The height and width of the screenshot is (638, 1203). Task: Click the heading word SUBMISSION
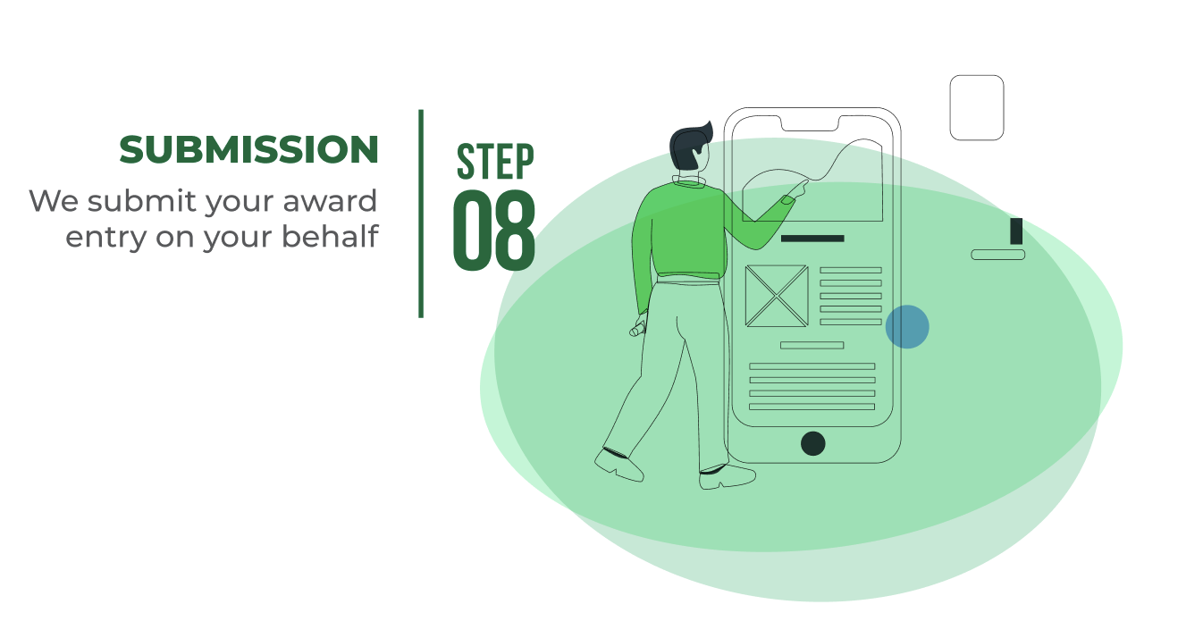tap(248, 149)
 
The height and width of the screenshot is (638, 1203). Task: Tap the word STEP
tap(495, 161)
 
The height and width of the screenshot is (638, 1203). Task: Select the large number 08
tap(494, 230)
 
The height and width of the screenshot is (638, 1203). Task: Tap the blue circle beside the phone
tap(907, 327)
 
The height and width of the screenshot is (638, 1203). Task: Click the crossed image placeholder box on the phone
tap(776, 296)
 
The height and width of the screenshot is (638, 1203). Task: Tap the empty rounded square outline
tap(976, 107)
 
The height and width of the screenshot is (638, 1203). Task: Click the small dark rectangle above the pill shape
tap(1015, 231)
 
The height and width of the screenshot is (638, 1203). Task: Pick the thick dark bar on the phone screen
tap(812, 239)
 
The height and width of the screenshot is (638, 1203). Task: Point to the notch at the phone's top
tap(812, 122)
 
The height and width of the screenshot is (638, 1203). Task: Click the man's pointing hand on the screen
tap(795, 190)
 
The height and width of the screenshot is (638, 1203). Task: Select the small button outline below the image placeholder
tap(812, 345)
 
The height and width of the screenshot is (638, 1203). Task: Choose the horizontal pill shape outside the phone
tap(997, 255)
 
